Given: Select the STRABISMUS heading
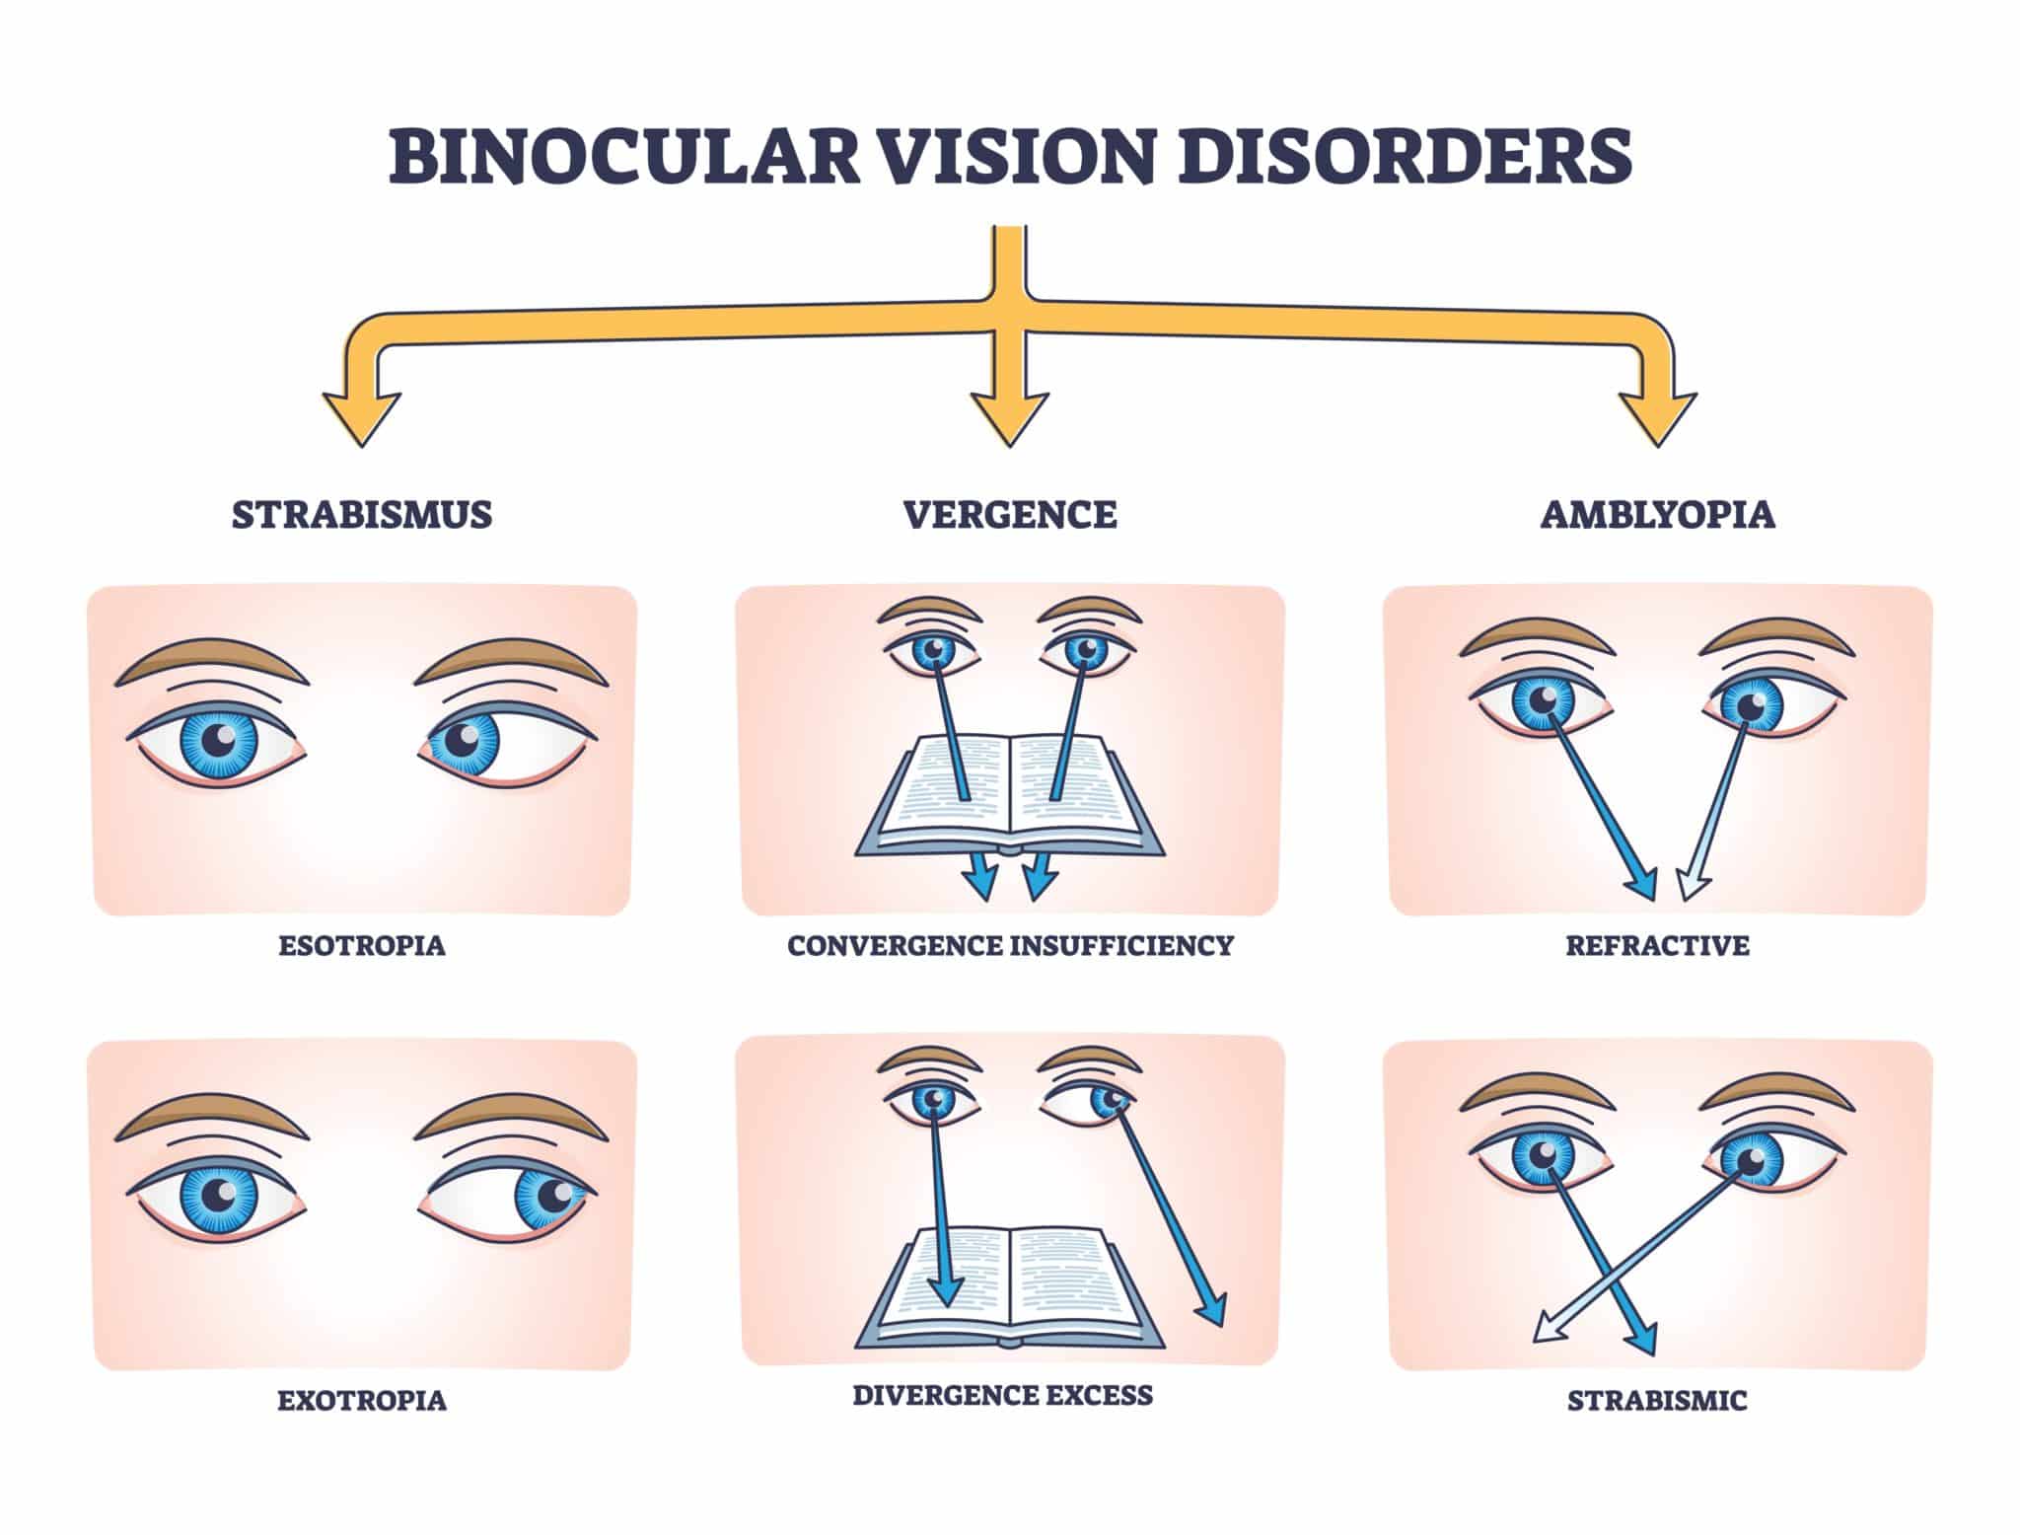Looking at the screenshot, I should pos(362,515).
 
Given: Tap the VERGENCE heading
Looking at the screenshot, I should pos(1010,515).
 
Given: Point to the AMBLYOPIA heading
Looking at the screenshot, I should pos(1657,515).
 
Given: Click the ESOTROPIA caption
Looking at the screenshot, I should pos(362,946).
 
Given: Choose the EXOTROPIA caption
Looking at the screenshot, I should pos(362,1401).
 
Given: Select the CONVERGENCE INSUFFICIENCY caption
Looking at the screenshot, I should pos(1010,946).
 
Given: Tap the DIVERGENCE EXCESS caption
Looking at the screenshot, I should pos(1002,1395).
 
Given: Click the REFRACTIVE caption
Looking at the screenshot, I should pos(1657,946).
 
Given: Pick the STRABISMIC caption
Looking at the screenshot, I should pos(1657,1401).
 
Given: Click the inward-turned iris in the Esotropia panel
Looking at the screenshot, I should pos(464,739).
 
